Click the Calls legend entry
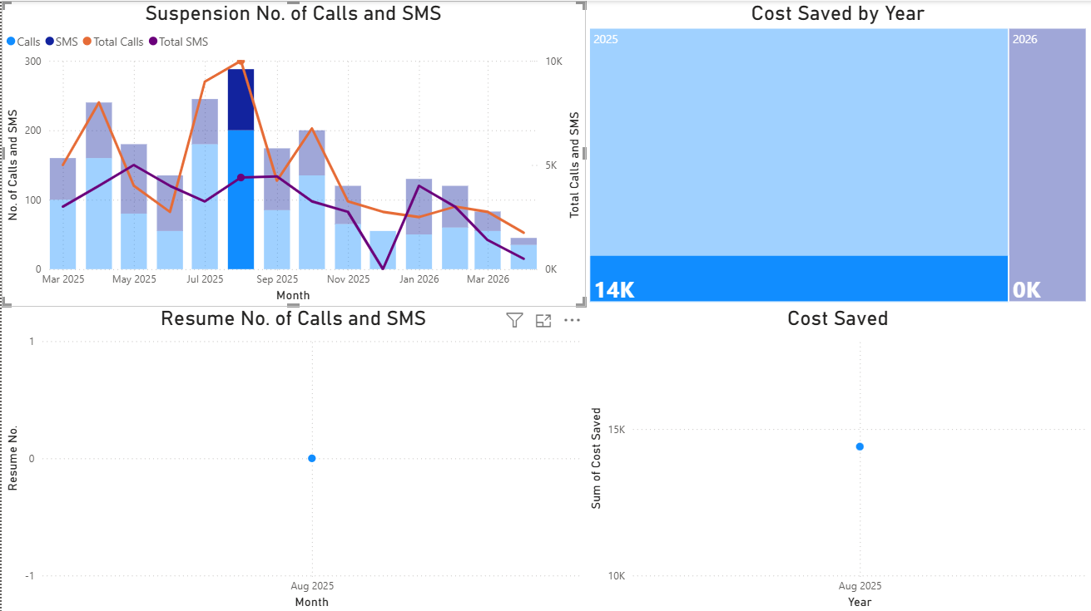click(28, 42)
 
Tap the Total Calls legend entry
click(117, 42)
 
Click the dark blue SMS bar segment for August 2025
click(241, 100)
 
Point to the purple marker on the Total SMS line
click(241, 177)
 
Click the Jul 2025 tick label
click(206, 279)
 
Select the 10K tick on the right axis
click(553, 62)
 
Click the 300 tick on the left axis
click(32, 62)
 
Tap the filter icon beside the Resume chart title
click(514, 320)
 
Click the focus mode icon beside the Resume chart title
click(543, 320)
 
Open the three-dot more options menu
click(572, 320)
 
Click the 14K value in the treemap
click(614, 290)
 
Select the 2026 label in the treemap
click(1024, 39)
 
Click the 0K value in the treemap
click(1026, 290)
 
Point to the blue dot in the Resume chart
click(312, 458)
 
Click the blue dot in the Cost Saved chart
click(860, 446)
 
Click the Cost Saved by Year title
click(837, 13)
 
